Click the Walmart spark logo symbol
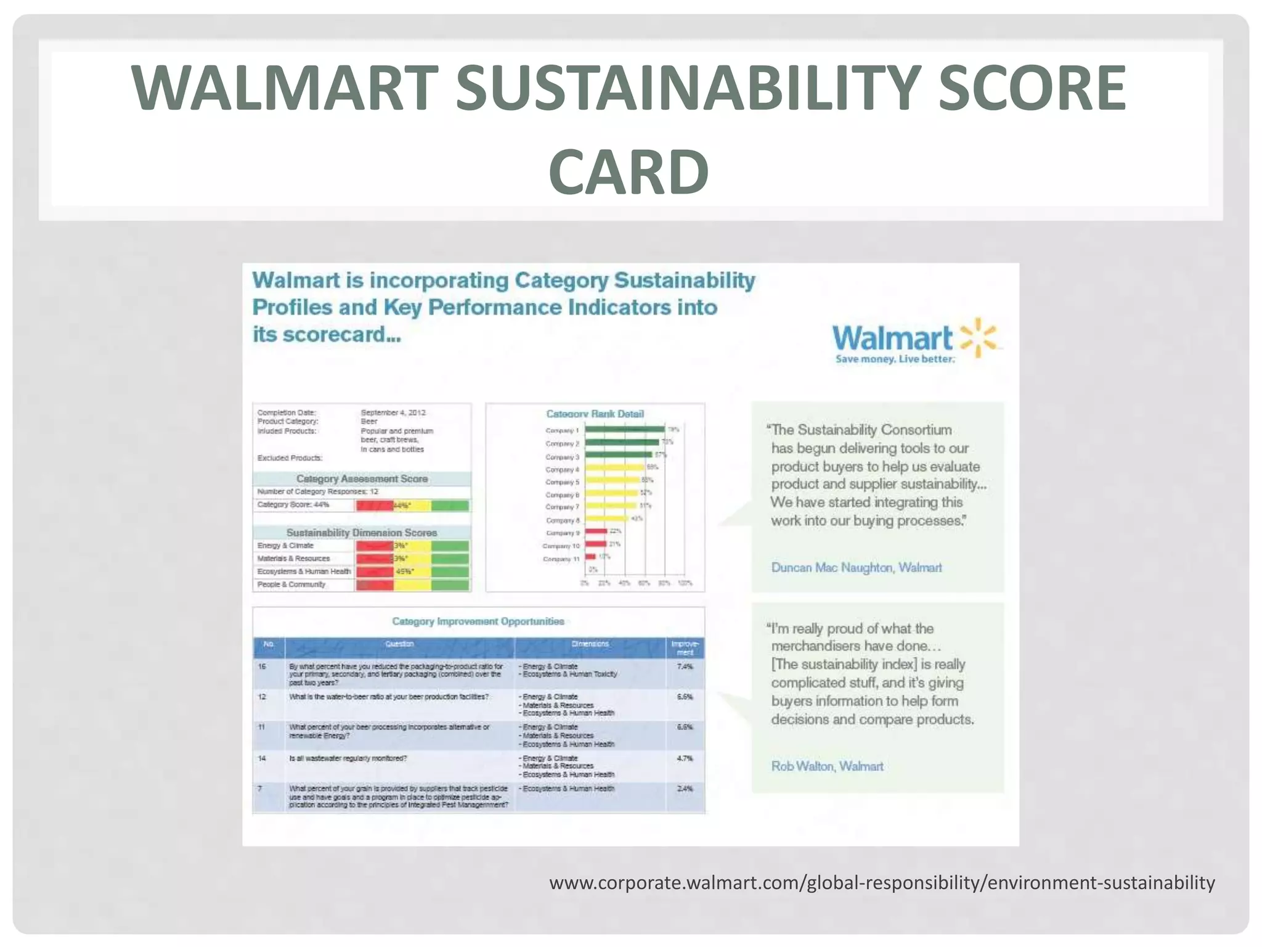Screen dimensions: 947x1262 (x=978, y=338)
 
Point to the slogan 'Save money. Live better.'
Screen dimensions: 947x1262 (x=895, y=359)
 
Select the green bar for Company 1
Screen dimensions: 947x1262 (x=624, y=429)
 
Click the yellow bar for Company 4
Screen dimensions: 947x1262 (x=614, y=468)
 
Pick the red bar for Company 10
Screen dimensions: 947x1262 (x=596, y=544)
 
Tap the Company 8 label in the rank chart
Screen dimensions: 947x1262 (x=562, y=520)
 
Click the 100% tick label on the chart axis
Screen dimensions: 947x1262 (x=685, y=583)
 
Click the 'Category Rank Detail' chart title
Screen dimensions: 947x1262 (x=595, y=414)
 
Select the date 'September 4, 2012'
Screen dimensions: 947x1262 (x=393, y=412)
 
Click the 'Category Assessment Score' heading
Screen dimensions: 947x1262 (x=362, y=478)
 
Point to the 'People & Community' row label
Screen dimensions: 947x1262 (x=291, y=584)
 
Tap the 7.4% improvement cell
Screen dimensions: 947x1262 (x=685, y=666)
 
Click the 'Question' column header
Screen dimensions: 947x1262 (x=399, y=644)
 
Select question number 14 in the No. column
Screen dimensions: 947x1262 (x=262, y=758)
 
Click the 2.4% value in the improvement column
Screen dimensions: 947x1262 (x=685, y=789)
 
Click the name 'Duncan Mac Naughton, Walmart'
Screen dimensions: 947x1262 (x=857, y=567)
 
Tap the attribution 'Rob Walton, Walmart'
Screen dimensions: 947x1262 (x=827, y=766)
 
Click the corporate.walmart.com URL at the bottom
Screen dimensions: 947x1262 (x=882, y=883)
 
